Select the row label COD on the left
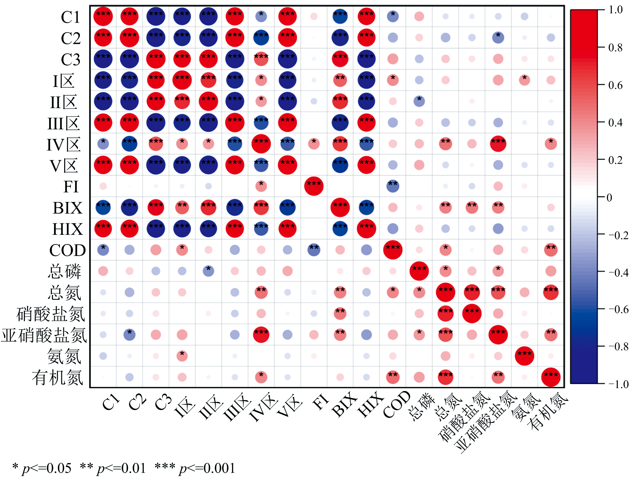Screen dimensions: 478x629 coord(68,250)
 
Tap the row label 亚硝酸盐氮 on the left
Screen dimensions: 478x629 coord(44,335)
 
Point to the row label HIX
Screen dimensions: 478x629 coord(68,229)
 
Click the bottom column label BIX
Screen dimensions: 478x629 coord(344,405)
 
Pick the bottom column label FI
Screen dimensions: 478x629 coord(320,402)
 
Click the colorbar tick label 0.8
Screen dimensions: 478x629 coord(616,47)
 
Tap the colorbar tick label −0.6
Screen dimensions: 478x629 coord(618,309)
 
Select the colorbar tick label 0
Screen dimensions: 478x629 coord(609,197)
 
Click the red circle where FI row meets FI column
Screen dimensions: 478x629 coord(314,186)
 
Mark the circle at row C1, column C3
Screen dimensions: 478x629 coord(156,16)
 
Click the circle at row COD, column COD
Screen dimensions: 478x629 coord(393,250)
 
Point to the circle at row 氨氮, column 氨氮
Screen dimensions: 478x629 coord(525,356)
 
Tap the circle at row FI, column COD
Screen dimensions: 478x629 coord(393,186)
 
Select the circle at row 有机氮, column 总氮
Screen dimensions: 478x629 coord(446,377)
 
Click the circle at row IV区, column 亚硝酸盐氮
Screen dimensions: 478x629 coord(498,144)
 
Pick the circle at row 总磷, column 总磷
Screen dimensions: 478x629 coord(419,271)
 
